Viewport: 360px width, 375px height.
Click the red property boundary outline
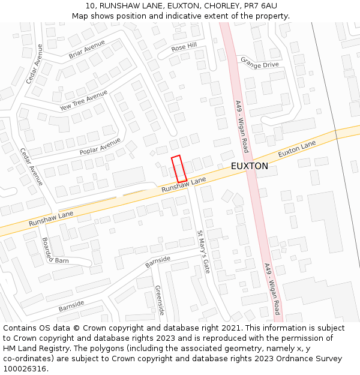[x=179, y=169]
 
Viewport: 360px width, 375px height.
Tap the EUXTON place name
[x=249, y=166]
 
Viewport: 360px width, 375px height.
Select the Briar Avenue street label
[x=86, y=49]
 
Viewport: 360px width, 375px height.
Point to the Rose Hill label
[x=184, y=46]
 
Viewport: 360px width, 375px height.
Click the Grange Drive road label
[x=260, y=62]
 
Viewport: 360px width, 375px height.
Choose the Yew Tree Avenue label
[x=83, y=100]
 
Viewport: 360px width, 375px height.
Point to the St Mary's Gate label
[x=203, y=251]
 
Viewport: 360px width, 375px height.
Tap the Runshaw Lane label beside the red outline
[x=183, y=184]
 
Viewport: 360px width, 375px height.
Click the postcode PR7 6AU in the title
[x=262, y=5]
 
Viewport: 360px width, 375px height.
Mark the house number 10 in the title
[x=90, y=5]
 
